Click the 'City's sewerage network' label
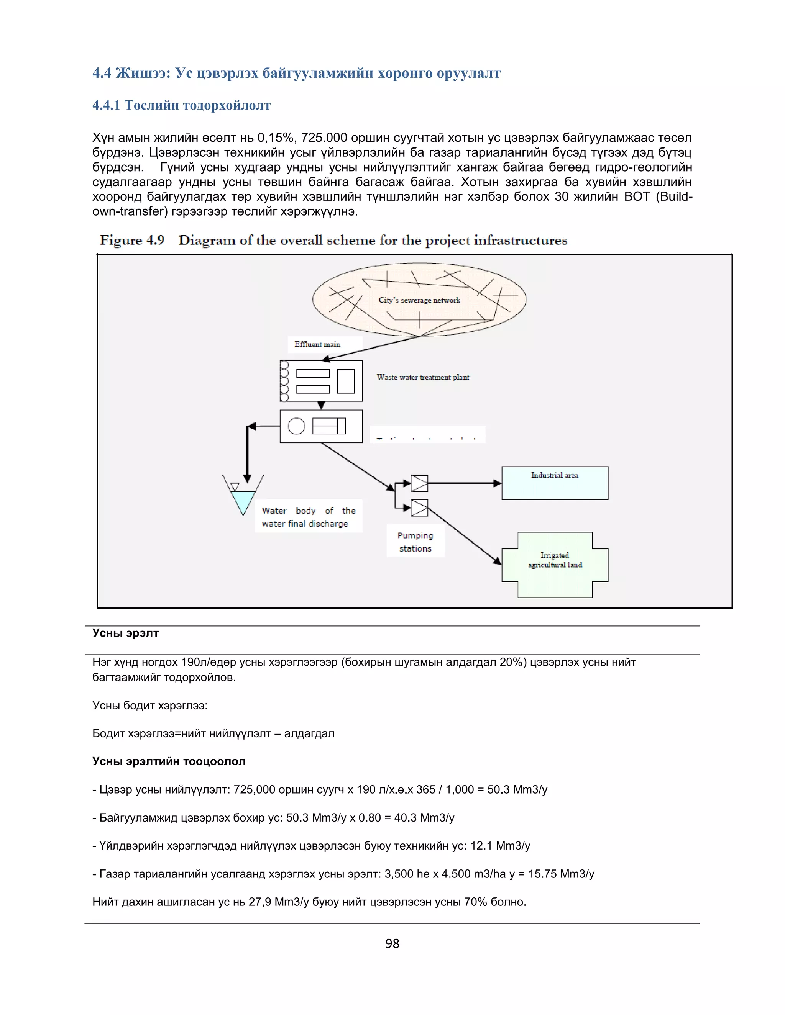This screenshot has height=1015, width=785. (x=419, y=300)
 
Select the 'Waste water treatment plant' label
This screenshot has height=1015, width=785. (x=423, y=377)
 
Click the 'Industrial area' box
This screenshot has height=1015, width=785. (x=554, y=483)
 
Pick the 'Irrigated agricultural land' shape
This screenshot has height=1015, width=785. (x=554, y=564)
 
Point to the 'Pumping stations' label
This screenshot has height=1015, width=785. (x=415, y=542)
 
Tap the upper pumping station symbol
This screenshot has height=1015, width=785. (x=419, y=483)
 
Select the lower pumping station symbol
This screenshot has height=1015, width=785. (x=419, y=508)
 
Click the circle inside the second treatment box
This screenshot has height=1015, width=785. (x=296, y=426)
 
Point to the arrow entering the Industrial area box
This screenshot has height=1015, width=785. (x=497, y=483)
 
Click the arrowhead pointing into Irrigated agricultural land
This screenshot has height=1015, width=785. (x=498, y=562)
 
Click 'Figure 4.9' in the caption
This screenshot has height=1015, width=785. (x=132, y=240)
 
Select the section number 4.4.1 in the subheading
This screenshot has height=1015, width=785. (x=106, y=105)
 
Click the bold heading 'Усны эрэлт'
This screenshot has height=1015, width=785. (x=126, y=633)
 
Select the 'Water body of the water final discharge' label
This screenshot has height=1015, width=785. (x=308, y=517)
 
